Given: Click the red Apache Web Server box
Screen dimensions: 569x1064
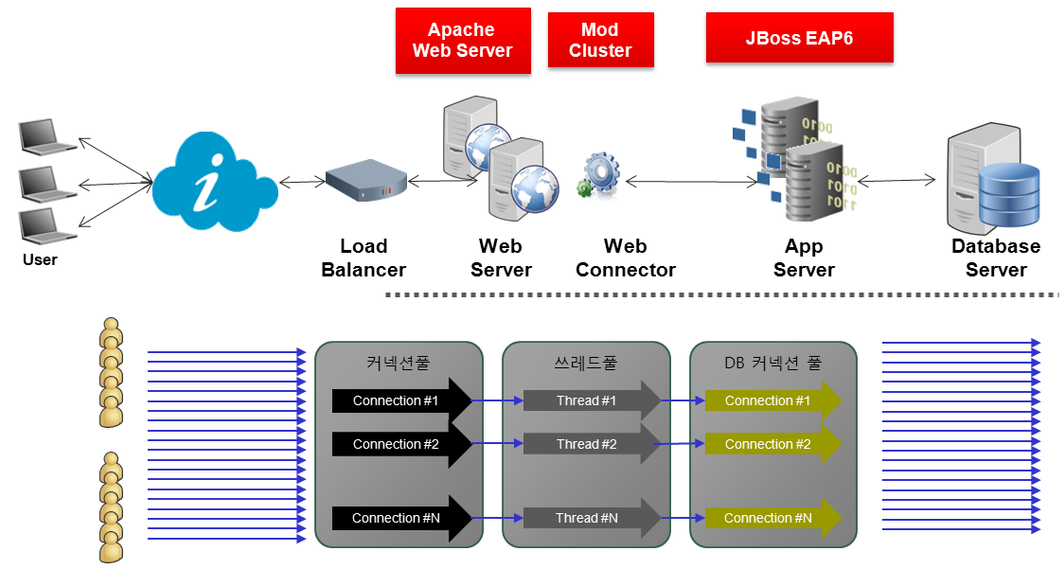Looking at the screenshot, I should [462, 41].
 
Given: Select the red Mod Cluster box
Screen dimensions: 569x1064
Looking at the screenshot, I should [600, 41].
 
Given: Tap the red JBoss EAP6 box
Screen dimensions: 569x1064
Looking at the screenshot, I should [799, 38].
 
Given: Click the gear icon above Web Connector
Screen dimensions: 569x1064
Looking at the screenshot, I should [599, 176].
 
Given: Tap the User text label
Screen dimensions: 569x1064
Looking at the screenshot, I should [40, 259].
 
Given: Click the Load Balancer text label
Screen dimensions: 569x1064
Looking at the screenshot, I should [364, 258].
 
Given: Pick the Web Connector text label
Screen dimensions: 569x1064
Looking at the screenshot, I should [626, 258].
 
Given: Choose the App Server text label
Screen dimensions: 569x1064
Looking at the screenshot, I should [804, 258].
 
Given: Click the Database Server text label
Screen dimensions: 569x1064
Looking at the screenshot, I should [996, 258].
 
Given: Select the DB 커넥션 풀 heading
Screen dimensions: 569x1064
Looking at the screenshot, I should [772, 363].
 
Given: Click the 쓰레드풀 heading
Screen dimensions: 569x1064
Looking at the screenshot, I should [585, 363].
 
